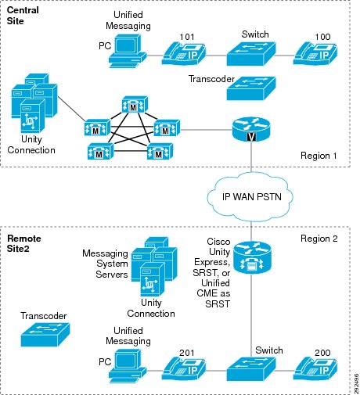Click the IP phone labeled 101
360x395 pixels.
[x=184, y=53]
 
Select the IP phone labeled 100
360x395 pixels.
[x=315, y=53]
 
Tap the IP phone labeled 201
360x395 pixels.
[x=184, y=368]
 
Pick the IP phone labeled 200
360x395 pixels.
[x=315, y=368]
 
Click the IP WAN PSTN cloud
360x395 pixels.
[x=250, y=197]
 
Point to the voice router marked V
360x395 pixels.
[x=251, y=129]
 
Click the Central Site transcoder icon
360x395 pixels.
[x=251, y=88]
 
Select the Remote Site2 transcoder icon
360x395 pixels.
[x=45, y=335]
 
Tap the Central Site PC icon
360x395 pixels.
[x=128, y=51]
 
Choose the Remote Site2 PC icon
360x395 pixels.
[x=128, y=366]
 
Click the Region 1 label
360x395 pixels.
[x=319, y=156]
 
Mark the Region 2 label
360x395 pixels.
[x=319, y=239]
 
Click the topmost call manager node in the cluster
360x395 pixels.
[x=135, y=105]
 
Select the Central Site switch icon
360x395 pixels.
[x=251, y=54]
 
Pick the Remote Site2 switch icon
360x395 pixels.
[x=251, y=369]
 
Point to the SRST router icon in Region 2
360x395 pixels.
[x=252, y=257]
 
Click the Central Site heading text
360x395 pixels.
[x=23, y=16]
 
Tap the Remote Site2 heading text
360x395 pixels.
[x=23, y=243]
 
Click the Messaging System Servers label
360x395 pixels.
[x=105, y=264]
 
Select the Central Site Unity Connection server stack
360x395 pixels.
[x=34, y=103]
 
